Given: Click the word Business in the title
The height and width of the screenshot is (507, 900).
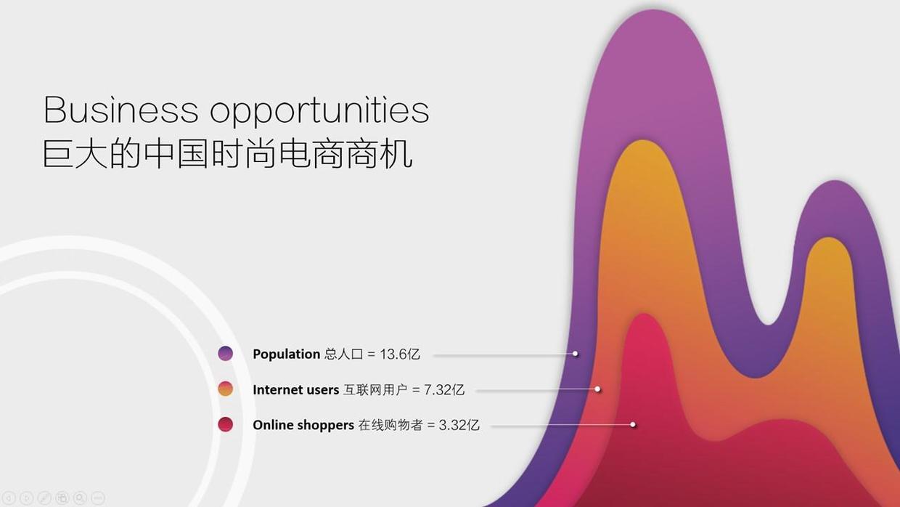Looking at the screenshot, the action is pos(121,110).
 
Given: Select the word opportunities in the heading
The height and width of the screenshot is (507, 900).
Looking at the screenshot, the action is pos(320,111).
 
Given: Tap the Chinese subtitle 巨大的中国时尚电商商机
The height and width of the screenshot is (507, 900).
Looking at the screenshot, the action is pos(227,153).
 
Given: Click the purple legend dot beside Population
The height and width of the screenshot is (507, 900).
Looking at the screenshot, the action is pos(226,354).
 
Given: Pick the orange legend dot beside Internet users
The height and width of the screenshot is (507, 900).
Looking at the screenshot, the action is pos(226,389).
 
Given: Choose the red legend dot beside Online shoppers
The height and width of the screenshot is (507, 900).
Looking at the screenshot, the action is pos(226,424).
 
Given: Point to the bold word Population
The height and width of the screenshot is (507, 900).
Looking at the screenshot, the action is pos(287,354).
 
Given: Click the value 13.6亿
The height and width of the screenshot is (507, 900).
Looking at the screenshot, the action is pos(400,354).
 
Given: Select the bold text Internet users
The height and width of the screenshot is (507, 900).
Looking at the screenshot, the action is pos(295,389).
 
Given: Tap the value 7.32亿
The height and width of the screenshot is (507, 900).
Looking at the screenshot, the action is pos(444,389).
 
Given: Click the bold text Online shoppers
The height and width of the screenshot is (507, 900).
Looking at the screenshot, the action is pos(303,425).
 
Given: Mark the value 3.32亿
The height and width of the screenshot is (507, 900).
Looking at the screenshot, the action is pos(459,425).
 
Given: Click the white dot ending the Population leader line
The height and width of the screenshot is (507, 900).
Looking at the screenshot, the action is pos(576,354).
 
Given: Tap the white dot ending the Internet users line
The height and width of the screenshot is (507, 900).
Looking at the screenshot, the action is pos(597,389).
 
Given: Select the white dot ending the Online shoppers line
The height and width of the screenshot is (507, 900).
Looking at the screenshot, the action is pos(633,425).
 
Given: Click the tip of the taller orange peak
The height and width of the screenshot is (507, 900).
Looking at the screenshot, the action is pos(643,140).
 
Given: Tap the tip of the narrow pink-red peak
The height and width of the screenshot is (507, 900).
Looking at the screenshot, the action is pos(643,314).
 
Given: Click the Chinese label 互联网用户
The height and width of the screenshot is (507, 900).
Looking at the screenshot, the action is pos(375,389).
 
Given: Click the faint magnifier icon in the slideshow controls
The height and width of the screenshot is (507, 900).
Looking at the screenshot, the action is pos(80,498).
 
